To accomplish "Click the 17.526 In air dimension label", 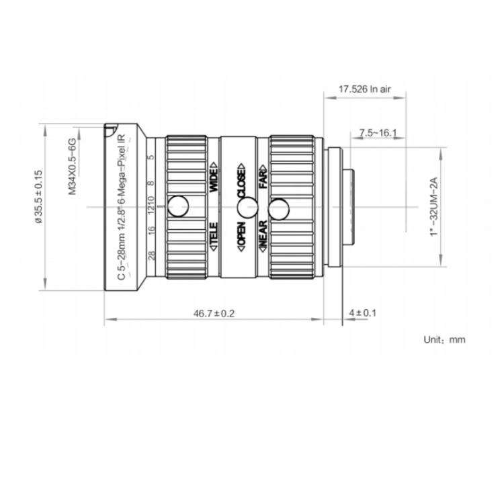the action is (364, 89).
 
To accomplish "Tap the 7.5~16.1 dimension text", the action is (378, 132).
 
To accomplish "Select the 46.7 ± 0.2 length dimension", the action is (214, 313).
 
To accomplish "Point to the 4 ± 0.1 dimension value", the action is (363, 312).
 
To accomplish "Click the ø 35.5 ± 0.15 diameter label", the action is (38, 196).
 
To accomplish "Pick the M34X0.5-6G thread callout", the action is (72, 166).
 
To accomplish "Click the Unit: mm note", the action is (444, 339).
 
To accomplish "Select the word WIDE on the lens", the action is (214, 178).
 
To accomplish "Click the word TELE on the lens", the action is (214, 235).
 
